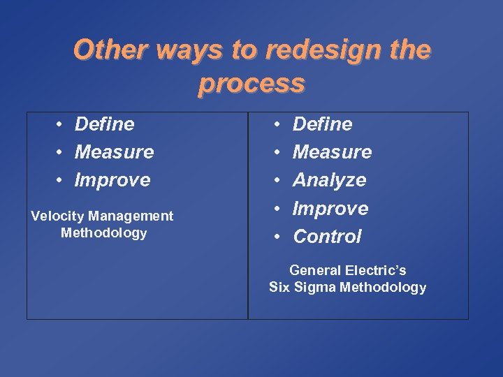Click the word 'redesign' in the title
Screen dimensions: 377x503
coord(310,50)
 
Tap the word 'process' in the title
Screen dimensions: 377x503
coord(251,83)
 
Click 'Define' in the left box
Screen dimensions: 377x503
coord(104,124)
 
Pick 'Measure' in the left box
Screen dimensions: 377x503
coord(114,152)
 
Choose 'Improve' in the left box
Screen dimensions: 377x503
coord(112,180)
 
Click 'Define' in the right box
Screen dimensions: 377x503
coord(322,124)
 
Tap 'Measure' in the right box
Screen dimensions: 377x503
coord(332,152)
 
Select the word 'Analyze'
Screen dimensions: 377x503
coord(329,180)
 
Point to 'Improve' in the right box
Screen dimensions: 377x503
coord(330,209)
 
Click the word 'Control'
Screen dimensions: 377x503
coord(327,237)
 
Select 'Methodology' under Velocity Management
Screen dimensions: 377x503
coord(103,233)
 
